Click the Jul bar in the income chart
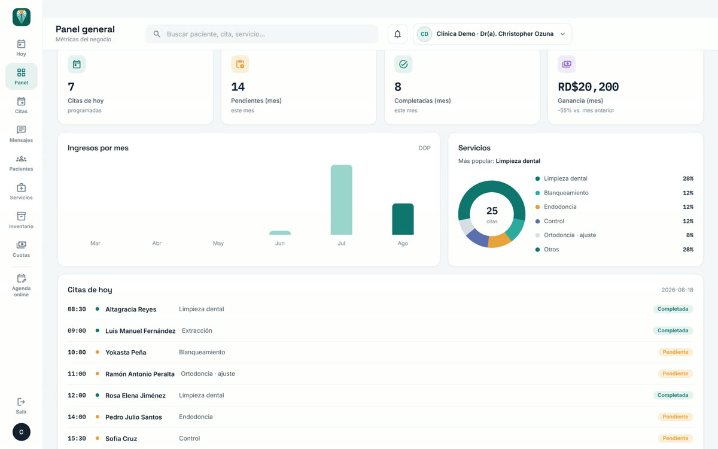point(342,200)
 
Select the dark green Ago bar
point(403,219)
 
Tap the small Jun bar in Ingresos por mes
point(280,233)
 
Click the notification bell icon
point(397,34)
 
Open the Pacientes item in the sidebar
point(21,163)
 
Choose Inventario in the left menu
point(21,220)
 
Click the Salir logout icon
point(21,402)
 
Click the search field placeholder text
point(216,34)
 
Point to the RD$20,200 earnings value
point(588,87)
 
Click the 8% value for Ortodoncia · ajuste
point(690,235)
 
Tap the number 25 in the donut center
point(492,211)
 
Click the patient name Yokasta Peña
point(126,353)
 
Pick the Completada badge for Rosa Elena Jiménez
point(673,395)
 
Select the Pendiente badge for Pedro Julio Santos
point(676,417)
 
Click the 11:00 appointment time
point(77,374)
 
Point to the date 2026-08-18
point(677,290)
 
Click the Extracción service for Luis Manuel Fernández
point(197,330)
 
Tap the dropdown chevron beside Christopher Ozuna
point(562,34)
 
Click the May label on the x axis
point(218,244)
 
